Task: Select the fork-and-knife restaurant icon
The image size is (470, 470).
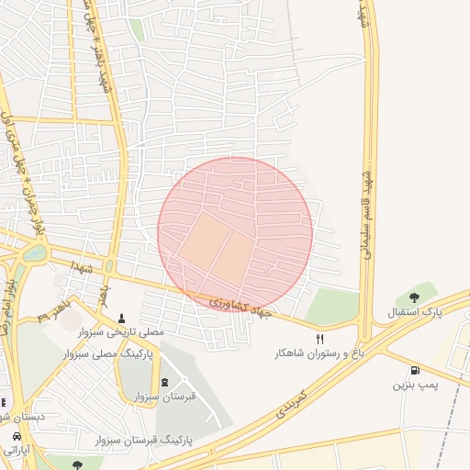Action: (319, 339)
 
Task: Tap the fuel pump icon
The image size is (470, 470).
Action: (415, 371)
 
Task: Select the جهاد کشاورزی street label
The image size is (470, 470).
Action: (241, 307)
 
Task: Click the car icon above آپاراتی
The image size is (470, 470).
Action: (17, 435)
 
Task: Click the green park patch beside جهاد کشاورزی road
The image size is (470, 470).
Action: (332, 306)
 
